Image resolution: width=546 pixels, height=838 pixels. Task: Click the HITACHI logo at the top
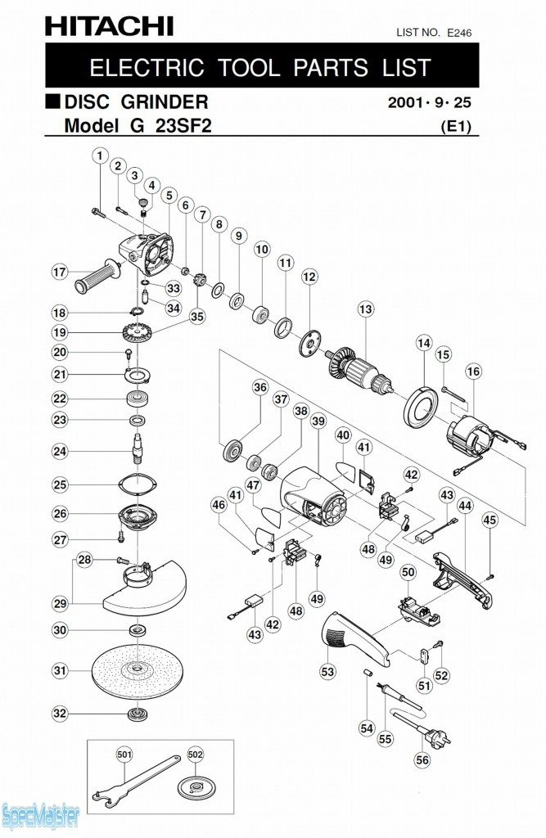coord(109,26)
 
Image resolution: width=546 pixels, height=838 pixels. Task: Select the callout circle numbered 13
coord(365,309)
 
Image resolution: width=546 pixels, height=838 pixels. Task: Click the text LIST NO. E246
coord(434,33)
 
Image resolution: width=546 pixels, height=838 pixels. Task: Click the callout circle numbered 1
coord(100,155)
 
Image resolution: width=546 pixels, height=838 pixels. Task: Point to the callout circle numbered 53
coord(327,672)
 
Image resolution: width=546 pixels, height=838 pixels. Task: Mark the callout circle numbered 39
coord(318,421)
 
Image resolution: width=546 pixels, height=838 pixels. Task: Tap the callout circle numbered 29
coord(60,603)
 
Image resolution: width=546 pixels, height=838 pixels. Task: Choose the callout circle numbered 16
coord(473,372)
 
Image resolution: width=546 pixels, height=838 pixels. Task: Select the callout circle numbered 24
coord(60,451)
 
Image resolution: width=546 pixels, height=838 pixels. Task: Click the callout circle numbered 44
coord(465,506)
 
